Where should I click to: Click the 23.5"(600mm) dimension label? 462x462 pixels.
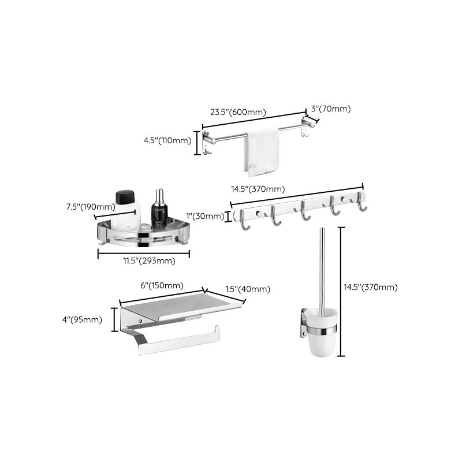click(x=238, y=112)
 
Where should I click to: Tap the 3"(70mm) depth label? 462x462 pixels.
click(x=330, y=109)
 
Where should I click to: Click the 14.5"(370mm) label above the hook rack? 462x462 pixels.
click(x=258, y=189)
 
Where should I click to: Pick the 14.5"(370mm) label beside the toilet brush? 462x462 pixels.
click(x=371, y=287)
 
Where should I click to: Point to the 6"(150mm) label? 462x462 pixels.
click(x=162, y=285)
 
